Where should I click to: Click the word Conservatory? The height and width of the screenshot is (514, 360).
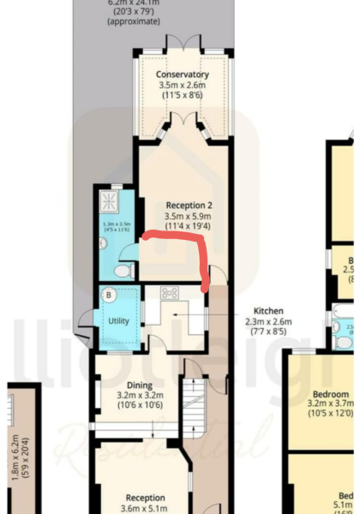tap(183, 75)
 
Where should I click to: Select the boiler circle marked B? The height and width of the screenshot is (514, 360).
tap(109, 296)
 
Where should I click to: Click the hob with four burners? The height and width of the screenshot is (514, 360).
tap(169, 294)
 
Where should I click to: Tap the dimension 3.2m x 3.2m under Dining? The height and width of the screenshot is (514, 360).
tap(139, 396)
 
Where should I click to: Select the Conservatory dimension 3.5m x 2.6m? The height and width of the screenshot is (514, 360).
tap(183, 86)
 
